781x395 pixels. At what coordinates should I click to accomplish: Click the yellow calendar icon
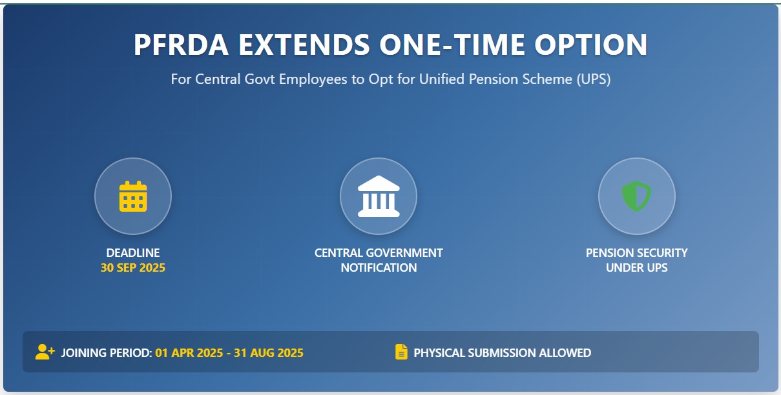(x=133, y=196)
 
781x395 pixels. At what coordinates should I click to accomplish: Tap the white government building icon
(x=379, y=196)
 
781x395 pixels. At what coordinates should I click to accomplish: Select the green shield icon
(x=636, y=196)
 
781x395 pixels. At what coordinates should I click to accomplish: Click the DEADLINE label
(x=133, y=253)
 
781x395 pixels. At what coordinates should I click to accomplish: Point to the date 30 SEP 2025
(x=133, y=268)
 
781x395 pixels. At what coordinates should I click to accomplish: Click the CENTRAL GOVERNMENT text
(x=379, y=253)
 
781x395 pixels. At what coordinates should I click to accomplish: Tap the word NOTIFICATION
(x=379, y=268)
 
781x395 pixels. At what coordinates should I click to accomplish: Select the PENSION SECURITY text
(x=636, y=253)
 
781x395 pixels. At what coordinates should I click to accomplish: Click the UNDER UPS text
(x=636, y=268)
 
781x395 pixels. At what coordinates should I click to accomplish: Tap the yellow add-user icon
(x=45, y=352)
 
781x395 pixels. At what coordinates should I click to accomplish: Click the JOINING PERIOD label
(x=107, y=353)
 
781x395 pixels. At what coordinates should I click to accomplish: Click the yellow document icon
(x=401, y=352)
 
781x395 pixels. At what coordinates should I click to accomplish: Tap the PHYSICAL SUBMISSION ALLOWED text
(x=502, y=353)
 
